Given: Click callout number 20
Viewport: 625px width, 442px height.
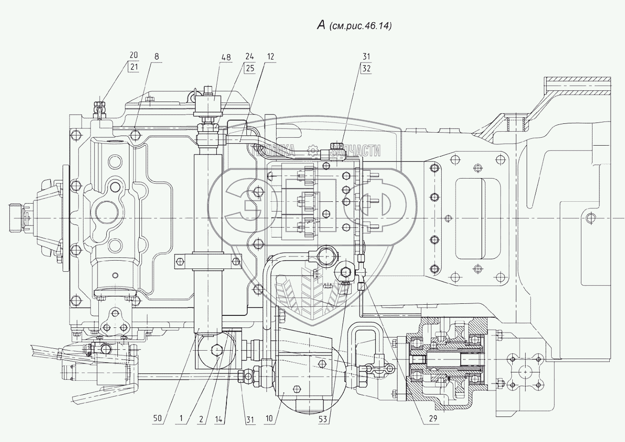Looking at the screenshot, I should point(134,56).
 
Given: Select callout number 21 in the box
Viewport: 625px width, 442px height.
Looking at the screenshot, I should point(134,66).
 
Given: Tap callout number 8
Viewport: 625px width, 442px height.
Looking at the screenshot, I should point(156,56).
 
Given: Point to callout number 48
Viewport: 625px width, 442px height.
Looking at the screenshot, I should point(226,57).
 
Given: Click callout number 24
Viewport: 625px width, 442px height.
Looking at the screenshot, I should point(251,57).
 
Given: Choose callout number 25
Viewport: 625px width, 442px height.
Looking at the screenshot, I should point(251,67).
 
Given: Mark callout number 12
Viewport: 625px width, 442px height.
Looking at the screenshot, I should point(271,57).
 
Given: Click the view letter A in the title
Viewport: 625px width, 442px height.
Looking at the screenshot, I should point(321,26).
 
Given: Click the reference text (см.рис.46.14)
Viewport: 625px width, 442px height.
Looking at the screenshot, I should point(361,26).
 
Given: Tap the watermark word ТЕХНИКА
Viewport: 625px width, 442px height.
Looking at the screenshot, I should point(273,150).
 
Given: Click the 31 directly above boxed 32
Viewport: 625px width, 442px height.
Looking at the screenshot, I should point(367,57).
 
